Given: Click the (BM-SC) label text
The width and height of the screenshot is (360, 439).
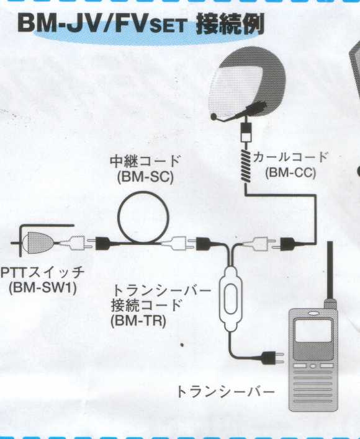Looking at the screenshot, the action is tap(145, 177).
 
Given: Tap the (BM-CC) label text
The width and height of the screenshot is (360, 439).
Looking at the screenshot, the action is tap(290, 172).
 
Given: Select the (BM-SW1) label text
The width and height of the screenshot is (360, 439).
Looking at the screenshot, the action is tap(43, 288).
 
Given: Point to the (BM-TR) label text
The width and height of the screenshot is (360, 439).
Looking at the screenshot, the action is tap(138, 321).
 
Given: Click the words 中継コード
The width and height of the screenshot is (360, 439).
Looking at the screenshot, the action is tap(145, 161).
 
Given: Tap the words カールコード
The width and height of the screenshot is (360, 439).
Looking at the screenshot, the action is tap(290, 157).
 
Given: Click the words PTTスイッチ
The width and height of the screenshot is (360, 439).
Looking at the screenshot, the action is tap(42, 272).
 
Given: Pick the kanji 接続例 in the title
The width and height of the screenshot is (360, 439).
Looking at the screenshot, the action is tap(230, 24).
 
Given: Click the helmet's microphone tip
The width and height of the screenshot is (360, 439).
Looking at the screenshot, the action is tap(214, 116).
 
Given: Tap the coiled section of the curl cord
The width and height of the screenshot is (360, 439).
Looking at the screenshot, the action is tap(246, 166).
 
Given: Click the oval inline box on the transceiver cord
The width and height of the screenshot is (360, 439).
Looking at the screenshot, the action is tap(230, 299).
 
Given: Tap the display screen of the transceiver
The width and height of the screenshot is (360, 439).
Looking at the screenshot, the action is tap(313, 330).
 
